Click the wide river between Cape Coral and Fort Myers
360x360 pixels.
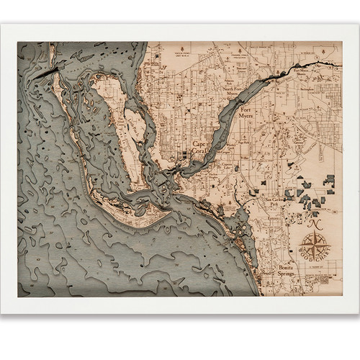pos(223,137)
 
